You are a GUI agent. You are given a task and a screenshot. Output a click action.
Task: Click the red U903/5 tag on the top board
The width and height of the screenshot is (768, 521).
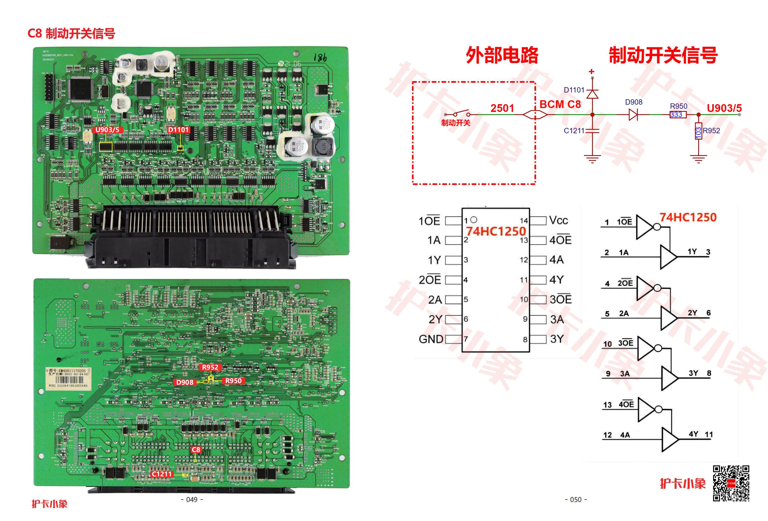coord(107,130)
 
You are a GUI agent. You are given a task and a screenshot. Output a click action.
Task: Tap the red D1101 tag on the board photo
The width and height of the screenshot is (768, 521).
coord(178,130)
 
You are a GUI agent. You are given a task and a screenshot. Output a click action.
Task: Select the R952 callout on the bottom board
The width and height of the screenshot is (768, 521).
coord(210,367)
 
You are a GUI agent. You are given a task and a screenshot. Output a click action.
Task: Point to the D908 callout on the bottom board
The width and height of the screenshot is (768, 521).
coord(185,382)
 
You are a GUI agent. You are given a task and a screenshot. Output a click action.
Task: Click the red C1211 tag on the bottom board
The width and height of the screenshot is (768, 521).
coord(162,474)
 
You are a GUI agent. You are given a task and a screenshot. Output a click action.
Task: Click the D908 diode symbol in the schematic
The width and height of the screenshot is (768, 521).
coord(633,115)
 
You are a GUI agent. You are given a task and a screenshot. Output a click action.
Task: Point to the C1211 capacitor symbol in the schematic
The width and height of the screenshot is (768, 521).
coord(592,131)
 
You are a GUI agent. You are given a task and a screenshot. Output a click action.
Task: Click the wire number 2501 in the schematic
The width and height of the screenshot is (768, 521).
coord(502,108)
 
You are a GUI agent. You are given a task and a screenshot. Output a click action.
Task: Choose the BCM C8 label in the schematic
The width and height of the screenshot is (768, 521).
coord(560,104)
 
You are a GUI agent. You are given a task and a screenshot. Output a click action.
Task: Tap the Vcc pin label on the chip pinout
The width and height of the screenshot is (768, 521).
coord(559,220)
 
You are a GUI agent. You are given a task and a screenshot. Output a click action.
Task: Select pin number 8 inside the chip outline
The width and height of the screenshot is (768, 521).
coord(525,339)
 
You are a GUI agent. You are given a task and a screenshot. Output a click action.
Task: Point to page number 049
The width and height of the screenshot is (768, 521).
coord(192,500)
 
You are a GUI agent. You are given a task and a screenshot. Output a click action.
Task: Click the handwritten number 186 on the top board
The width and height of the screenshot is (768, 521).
coord(320,58)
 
